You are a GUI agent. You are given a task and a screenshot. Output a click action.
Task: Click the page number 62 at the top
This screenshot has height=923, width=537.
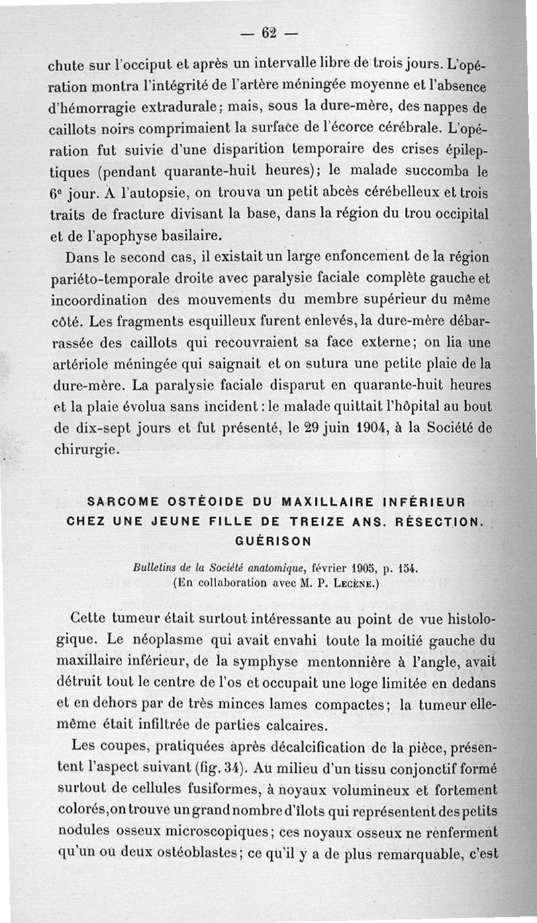pyautogui.click(x=270, y=32)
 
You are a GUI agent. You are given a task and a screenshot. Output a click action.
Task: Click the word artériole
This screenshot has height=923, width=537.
pyautogui.click(x=80, y=365)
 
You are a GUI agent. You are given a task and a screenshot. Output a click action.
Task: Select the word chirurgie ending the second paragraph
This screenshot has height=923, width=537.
pyautogui.click(x=85, y=449)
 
